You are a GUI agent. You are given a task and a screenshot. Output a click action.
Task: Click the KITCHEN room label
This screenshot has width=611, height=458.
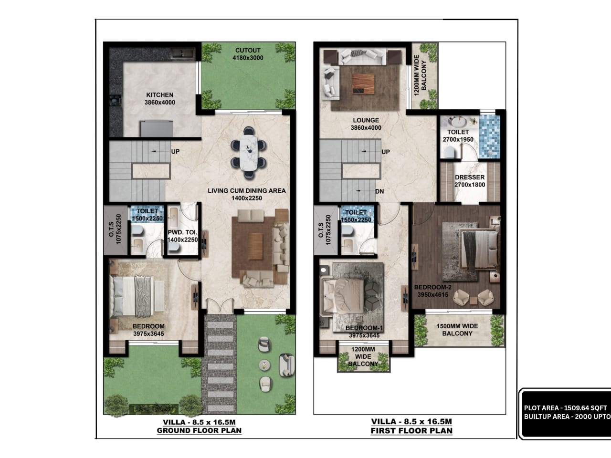click(160, 99)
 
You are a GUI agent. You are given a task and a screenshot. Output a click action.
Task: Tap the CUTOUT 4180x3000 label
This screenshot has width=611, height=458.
click(248, 54)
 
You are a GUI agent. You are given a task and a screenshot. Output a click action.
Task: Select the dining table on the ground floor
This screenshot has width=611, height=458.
click(248, 153)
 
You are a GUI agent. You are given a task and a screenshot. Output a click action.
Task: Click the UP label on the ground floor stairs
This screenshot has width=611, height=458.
click(175, 152)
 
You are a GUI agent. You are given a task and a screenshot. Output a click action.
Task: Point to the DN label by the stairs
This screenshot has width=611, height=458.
click(379, 191)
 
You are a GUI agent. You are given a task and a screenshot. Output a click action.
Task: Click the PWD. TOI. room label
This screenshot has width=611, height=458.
click(183, 236)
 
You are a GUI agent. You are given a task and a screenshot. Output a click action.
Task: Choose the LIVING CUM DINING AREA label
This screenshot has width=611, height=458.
click(247, 191)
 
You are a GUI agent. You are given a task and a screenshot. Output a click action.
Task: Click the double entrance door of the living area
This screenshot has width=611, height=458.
click(220, 304)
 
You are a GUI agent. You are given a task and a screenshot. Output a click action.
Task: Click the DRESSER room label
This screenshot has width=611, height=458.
click(470, 181)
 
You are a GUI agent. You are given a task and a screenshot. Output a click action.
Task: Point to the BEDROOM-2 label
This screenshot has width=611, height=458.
click(432, 291)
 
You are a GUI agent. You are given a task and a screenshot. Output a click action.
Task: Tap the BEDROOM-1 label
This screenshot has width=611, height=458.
click(364, 332)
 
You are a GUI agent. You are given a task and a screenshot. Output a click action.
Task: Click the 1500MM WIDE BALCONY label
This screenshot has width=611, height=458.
click(457, 330)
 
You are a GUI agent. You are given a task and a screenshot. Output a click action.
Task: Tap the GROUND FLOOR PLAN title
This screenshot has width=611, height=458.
click(199, 430)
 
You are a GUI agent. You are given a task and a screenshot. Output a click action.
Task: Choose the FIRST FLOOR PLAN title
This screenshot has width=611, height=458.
click(411, 431)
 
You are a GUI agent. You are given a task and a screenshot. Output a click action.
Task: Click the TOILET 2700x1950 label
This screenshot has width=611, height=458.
click(458, 135)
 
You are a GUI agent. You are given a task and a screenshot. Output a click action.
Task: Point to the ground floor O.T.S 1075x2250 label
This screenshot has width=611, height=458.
click(115, 229)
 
